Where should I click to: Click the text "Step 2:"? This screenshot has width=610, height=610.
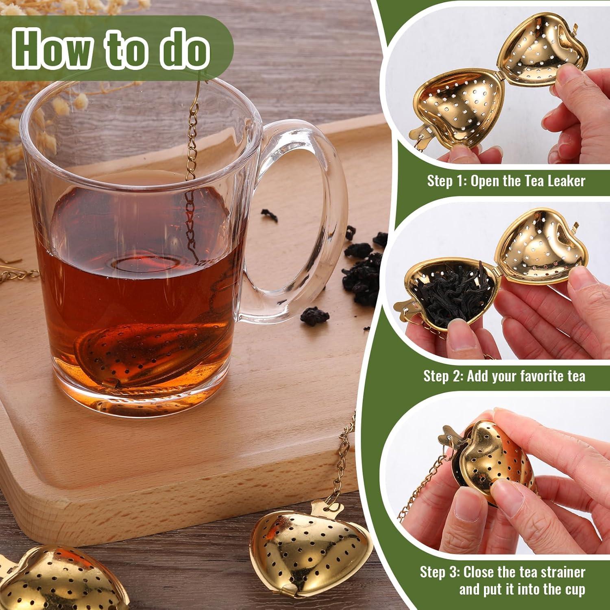[x=442, y=376]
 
